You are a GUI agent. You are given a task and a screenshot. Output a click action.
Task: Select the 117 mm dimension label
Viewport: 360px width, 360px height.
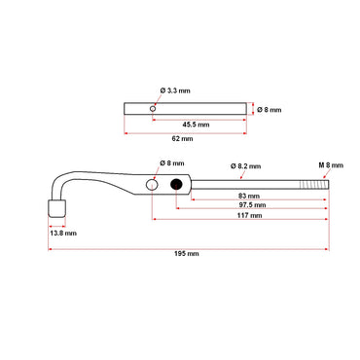250,216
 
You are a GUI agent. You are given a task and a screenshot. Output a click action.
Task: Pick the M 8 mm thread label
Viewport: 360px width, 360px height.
331,166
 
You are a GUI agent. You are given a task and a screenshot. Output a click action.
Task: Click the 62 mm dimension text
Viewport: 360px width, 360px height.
187,139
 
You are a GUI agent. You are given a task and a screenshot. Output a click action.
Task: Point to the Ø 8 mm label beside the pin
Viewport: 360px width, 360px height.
270,110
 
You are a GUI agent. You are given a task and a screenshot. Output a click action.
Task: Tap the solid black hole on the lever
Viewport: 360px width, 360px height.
176,185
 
